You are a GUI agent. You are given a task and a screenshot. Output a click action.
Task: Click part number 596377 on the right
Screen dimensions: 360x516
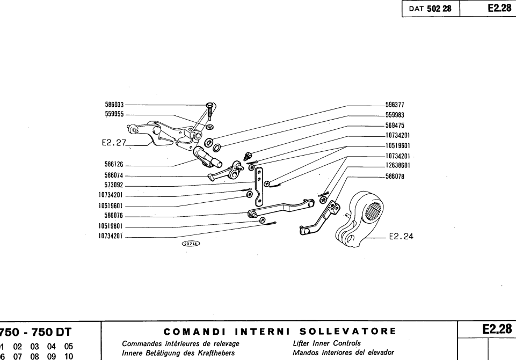pos(396,106)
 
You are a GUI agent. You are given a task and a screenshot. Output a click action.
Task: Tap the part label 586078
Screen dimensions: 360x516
pos(396,175)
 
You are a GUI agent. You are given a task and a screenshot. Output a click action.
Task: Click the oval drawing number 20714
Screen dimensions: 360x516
pos(191,243)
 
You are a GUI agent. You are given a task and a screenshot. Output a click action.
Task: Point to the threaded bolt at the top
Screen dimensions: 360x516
pos(208,113)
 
